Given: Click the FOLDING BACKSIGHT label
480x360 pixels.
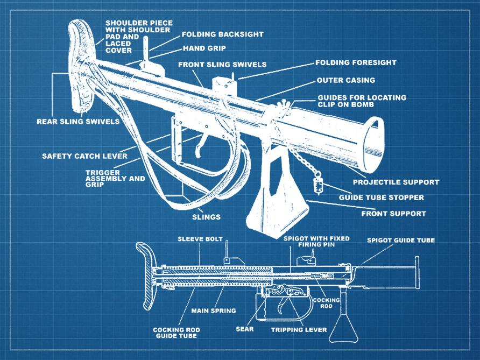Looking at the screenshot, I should point(222,34).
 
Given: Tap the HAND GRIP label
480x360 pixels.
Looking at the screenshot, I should point(204,48).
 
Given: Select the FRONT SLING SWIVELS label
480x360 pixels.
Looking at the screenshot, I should point(222,65).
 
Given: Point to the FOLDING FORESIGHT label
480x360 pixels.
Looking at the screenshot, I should point(356,62).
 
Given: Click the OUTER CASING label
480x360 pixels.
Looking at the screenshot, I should point(345,80).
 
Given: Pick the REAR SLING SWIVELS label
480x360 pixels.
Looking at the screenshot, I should point(78,122).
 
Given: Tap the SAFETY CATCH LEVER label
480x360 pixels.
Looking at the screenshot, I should point(84,157).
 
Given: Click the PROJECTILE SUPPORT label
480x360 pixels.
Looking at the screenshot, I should point(396,182).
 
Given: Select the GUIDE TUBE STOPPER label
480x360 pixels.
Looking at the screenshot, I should point(381,197).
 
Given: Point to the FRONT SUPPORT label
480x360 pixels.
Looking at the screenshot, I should point(393,214).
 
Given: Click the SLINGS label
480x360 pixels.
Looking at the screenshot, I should point(207,217).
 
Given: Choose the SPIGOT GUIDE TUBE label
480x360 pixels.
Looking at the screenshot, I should point(400,240).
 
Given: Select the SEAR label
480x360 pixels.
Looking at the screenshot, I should point(245,328).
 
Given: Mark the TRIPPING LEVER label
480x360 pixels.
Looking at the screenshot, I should point(299,329).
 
